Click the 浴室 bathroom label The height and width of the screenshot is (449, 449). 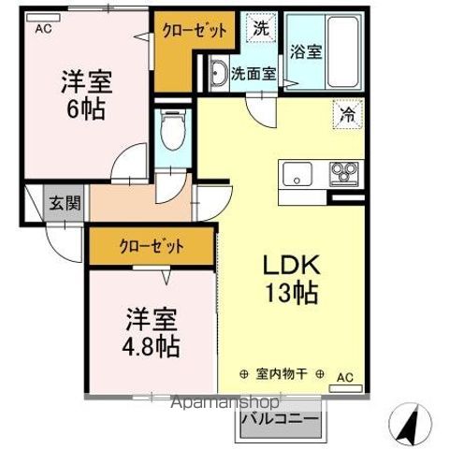(305, 52)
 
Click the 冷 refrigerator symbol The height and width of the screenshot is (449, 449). (346, 118)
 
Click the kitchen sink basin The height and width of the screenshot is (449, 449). (298, 174)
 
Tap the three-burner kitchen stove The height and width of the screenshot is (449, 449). (343, 173)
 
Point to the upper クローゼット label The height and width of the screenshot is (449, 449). (195, 31)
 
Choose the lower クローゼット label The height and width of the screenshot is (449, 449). (151, 247)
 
